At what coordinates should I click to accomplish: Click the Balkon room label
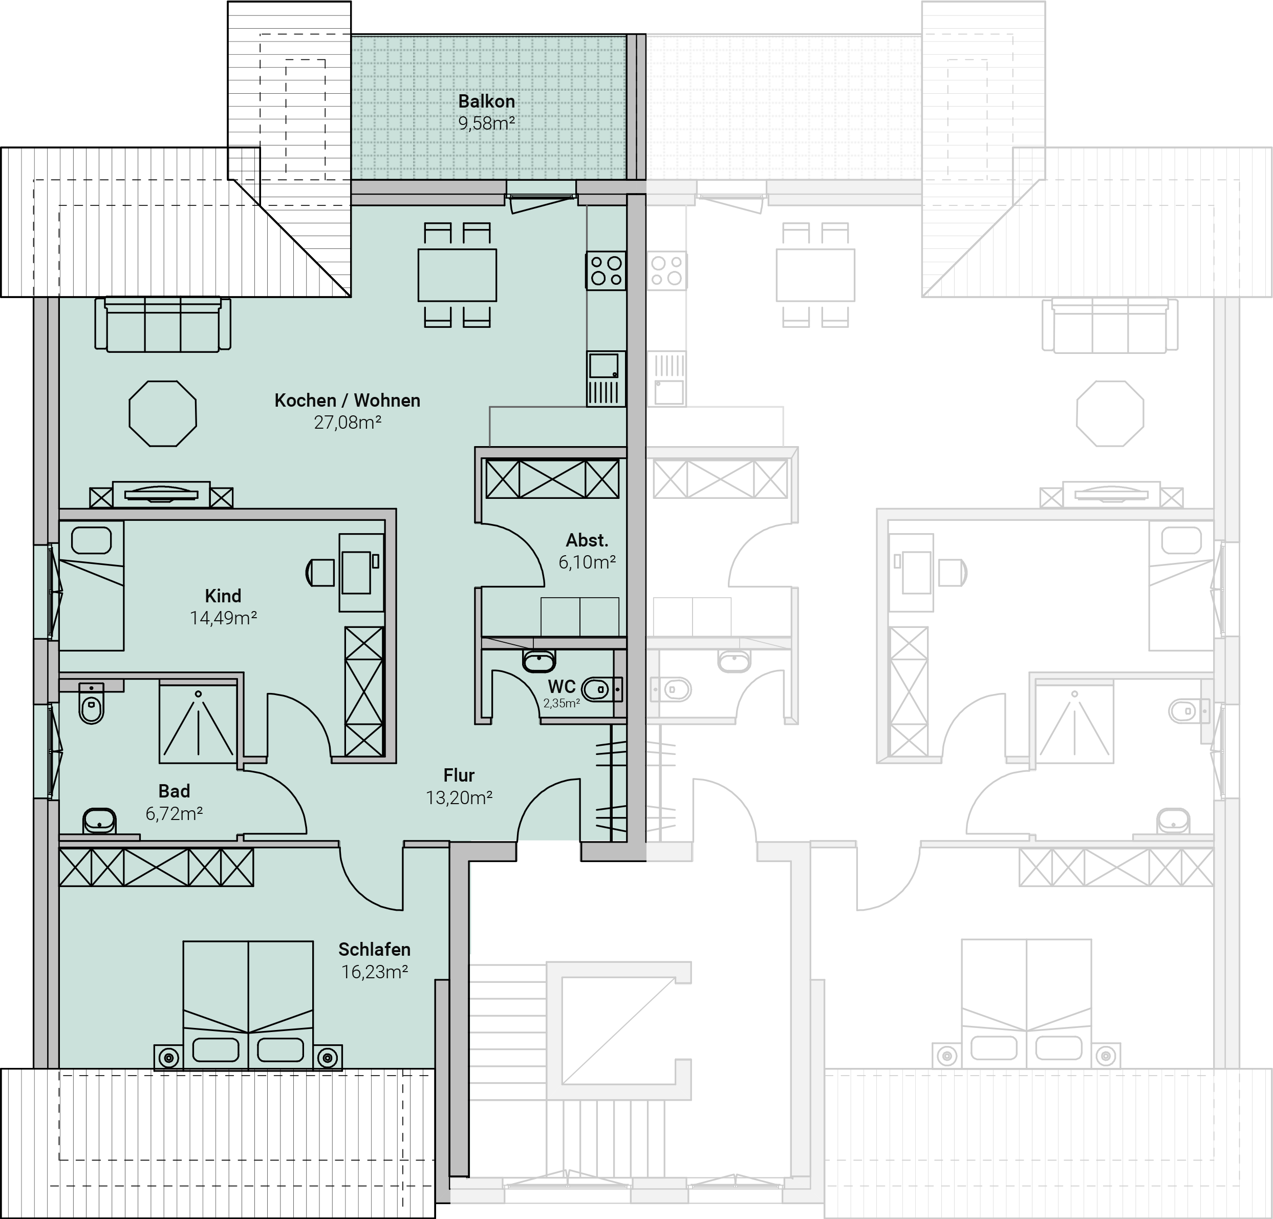pyautogui.click(x=486, y=101)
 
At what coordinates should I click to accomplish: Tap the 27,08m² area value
pyautogui.click(x=348, y=423)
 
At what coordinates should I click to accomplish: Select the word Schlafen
pyautogui.click(x=374, y=950)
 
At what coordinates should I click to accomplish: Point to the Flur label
pyautogui.click(x=459, y=775)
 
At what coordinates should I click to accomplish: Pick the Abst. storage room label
pyautogui.click(x=587, y=540)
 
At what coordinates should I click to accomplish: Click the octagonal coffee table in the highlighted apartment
pyautogui.click(x=162, y=414)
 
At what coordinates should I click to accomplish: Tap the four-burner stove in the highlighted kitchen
pyautogui.click(x=606, y=271)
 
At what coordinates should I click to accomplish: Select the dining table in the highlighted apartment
pyautogui.click(x=457, y=276)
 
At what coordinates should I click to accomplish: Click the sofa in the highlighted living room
pyautogui.click(x=162, y=324)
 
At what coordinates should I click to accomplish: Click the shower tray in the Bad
pyautogui.click(x=198, y=721)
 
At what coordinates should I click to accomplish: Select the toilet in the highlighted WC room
pyautogui.click(x=602, y=689)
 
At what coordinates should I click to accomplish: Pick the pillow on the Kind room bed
pyautogui.click(x=91, y=540)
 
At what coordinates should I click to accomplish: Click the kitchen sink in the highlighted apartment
pyautogui.click(x=606, y=379)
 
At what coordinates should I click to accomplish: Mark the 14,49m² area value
pyautogui.click(x=223, y=617)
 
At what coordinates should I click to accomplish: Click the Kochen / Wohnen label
pyautogui.click(x=348, y=400)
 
